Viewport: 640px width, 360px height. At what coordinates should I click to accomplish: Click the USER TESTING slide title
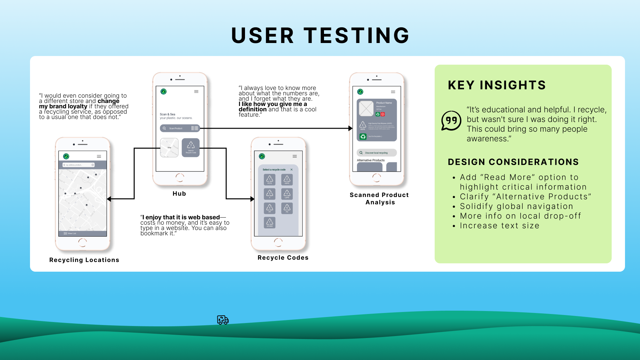(x=320, y=35)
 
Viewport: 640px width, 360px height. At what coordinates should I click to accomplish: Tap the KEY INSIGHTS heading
(x=497, y=85)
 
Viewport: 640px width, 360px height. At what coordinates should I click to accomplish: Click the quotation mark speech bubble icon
(x=451, y=121)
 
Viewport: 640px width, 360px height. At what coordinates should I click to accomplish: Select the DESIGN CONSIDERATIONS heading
(x=513, y=162)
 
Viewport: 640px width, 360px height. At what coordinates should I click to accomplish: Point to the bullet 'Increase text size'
(x=499, y=226)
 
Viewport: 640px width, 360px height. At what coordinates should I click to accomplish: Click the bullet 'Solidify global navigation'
(x=516, y=206)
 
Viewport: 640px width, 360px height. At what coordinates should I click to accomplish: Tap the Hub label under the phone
(x=179, y=194)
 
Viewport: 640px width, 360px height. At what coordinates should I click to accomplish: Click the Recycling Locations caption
(x=84, y=260)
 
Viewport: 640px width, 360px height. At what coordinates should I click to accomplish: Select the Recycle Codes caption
(x=283, y=258)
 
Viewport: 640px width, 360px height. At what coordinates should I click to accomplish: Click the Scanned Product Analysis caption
(x=379, y=199)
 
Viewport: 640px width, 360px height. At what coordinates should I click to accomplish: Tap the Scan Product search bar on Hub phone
(x=180, y=128)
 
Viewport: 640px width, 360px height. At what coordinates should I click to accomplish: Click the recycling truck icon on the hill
(x=223, y=320)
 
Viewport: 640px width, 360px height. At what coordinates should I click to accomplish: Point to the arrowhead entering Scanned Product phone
(x=350, y=128)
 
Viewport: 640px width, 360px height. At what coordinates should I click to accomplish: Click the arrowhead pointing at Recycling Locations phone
(x=109, y=199)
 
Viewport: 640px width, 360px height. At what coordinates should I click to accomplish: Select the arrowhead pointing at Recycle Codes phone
(x=252, y=199)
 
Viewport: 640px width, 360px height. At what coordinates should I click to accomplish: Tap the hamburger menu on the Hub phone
(x=196, y=92)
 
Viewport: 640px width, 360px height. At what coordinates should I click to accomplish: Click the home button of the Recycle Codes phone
(x=278, y=242)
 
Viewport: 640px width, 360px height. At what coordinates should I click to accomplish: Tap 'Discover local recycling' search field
(x=377, y=153)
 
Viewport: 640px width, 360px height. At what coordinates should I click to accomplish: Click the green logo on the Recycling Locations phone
(x=66, y=156)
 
